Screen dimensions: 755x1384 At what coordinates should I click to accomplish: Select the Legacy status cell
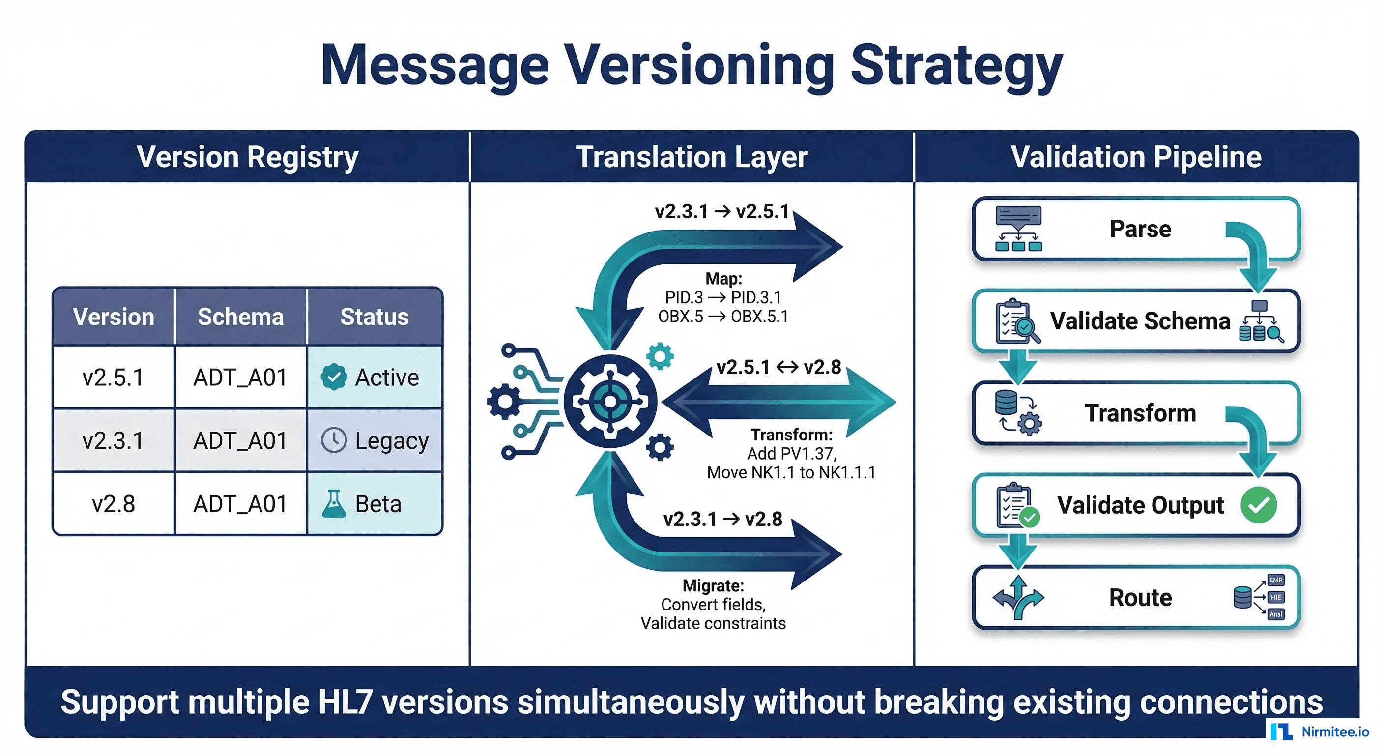[375, 440]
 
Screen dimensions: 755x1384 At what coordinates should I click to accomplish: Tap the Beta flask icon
[334, 504]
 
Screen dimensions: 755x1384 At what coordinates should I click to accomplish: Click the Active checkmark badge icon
[334, 377]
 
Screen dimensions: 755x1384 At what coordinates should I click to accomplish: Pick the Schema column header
[240, 317]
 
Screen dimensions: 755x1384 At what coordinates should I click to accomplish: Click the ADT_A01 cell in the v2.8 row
[240, 504]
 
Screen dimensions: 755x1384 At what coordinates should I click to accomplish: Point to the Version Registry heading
[247, 157]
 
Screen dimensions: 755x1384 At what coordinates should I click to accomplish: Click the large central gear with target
[610, 402]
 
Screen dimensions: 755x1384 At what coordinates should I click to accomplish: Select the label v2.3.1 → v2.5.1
[721, 212]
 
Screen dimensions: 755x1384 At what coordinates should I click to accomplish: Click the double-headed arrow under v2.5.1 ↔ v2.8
[779, 402]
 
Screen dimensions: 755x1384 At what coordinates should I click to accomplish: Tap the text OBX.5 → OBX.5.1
[723, 317]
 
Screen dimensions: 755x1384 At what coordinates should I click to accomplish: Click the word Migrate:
[713, 586]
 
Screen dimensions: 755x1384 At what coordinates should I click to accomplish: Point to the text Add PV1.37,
[791, 454]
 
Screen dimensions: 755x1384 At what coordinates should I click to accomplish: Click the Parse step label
[1140, 229]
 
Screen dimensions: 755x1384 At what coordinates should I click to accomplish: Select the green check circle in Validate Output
[1258, 505]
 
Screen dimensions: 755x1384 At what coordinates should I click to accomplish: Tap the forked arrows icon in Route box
[1017, 597]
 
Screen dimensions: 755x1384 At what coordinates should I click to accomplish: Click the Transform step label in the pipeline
[1140, 413]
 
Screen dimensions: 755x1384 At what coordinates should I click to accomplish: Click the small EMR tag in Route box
[1275, 581]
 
